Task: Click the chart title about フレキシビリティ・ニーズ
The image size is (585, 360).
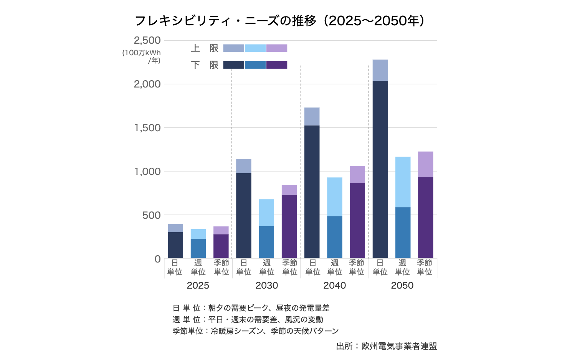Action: click(279, 21)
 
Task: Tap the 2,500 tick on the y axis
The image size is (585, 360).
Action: click(147, 40)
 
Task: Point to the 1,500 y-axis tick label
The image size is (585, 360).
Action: click(147, 128)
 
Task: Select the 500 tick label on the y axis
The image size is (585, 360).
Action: click(151, 215)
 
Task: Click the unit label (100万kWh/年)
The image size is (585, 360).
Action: click(142, 56)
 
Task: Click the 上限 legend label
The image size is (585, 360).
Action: click(205, 48)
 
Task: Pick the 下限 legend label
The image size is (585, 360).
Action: click(205, 65)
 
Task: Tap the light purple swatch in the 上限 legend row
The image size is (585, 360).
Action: click(276, 48)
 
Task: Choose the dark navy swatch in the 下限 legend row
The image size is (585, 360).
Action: click(233, 65)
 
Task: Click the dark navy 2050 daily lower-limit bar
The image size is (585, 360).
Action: click(380, 169)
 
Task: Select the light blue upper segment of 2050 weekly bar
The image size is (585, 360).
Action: click(403, 182)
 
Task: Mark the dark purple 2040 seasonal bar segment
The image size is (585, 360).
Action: click(357, 220)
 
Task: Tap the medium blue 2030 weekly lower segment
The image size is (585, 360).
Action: click(266, 242)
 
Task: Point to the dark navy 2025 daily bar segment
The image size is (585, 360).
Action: click(175, 245)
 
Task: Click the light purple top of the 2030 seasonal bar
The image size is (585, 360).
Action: click(289, 190)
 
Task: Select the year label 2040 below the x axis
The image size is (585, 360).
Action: click(334, 286)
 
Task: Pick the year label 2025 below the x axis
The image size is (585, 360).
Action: click(198, 286)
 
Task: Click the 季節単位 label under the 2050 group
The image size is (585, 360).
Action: click(425, 268)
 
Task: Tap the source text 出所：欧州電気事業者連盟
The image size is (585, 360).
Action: click(386, 346)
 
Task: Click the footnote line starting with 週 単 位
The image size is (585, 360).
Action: click(248, 319)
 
